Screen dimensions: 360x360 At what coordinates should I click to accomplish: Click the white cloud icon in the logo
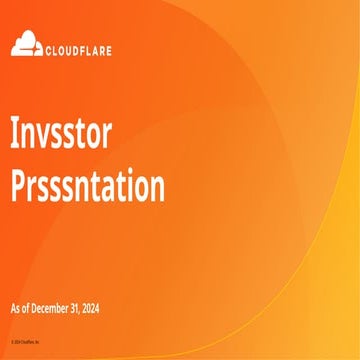point(26,43)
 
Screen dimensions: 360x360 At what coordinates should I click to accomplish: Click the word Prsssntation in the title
point(88,188)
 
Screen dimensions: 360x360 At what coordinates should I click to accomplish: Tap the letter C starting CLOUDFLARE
point(46,45)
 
